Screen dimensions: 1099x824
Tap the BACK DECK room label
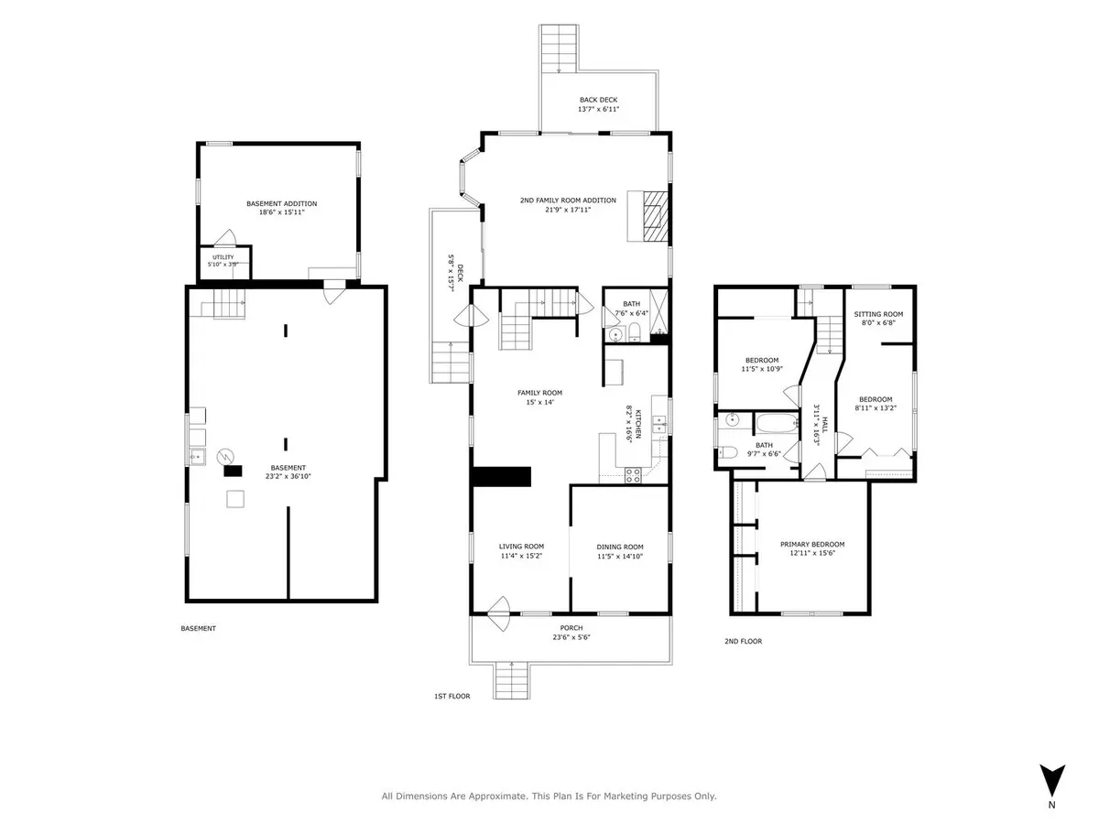[x=598, y=100]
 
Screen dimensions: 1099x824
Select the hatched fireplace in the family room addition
[x=655, y=216]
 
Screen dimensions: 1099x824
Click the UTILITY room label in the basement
[x=223, y=257]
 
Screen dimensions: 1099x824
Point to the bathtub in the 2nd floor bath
[x=778, y=423]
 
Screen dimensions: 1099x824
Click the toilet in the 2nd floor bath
[x=727, y=453]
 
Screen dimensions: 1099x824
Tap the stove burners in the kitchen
[x=632, y=475]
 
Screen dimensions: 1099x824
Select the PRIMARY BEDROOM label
[x=812, y=544]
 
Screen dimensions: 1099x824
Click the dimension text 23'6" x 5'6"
[x=571, y=637]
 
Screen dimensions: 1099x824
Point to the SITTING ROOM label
[x=878, y=314]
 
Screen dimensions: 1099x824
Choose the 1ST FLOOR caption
[x=452, y=696]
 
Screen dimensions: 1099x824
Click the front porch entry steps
[x=511, y=680]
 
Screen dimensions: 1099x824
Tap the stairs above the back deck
[x=559, y=49]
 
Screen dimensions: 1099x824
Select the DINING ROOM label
[x=620, y=547]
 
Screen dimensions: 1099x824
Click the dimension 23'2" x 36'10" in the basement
[x=288, y=476]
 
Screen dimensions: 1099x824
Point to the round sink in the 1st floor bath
[x=615, y=333]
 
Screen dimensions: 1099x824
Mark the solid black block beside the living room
[x=501, y=476]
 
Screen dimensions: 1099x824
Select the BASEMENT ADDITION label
[x=281, y=203]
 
